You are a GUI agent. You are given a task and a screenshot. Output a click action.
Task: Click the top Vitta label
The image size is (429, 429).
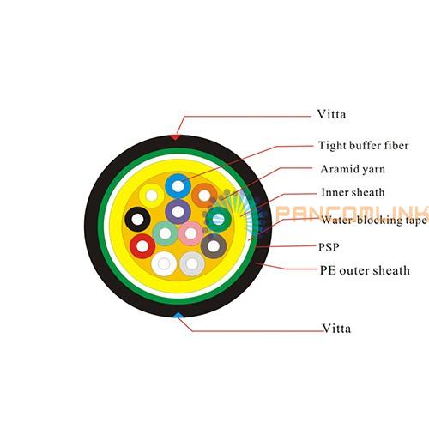pyautogui.click(x=331, y=114)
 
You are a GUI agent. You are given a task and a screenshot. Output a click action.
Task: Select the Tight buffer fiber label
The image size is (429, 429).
pyautogui.click(x=364, y=145)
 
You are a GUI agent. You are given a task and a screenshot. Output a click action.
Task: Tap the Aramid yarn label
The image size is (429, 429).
pyautogui.click(x=353, y=169)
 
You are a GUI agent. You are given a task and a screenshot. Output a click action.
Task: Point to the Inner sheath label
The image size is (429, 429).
pyautogui.click(x=353, y=192)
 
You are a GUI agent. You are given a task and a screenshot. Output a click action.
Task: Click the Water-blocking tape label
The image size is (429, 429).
pyautogui.click(x=374, y=220)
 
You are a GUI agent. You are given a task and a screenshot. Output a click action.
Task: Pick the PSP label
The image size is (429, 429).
pyautogui.click(x=329, y=247)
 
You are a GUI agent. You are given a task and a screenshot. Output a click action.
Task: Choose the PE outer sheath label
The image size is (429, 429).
pyautogui.click(x=365, y=270)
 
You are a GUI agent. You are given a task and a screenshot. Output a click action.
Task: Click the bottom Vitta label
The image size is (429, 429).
pyautogui.click(x=336, y=329)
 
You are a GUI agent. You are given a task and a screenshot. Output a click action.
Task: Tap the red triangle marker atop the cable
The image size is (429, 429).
pyautogui.click(x=175, y=137)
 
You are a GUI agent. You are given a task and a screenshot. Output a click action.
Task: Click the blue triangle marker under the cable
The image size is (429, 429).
pyautogui.click(x=178, y=316)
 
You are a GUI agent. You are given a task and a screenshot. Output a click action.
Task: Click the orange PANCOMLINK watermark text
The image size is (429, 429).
pyautogui.click(x=352, y=213)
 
